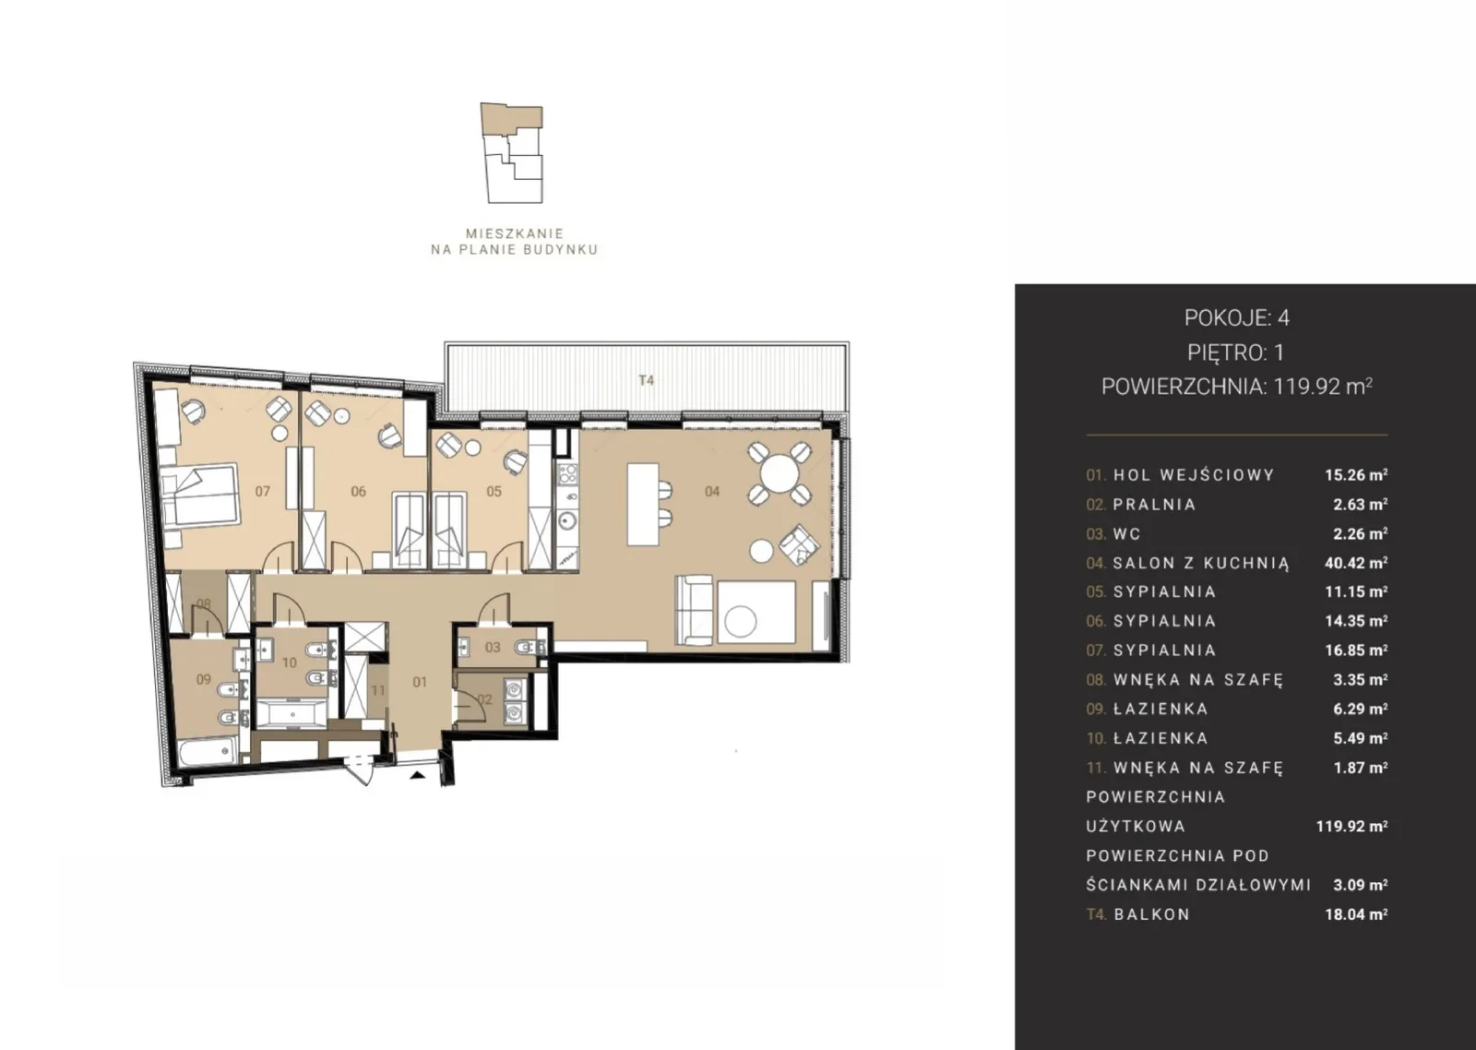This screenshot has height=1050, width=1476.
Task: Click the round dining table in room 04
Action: click(x=780, y=472)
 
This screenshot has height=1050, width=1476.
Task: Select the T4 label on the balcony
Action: click(x=647, y=379)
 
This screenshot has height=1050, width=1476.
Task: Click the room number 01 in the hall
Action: click(x=420, y=682)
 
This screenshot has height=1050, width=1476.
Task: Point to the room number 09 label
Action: click(x=203, y=679)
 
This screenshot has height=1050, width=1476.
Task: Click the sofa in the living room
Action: click(x=695, y=611)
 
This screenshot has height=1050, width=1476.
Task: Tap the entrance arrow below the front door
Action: click(x=416, y=776)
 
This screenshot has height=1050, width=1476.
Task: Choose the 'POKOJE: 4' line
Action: click(x=1237, y=317)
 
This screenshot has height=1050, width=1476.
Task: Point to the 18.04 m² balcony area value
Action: click(x=1356, y=914)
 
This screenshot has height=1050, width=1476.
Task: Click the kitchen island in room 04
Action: click(x=642, y=504)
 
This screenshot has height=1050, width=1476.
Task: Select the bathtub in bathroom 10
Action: click(x=290, y=714)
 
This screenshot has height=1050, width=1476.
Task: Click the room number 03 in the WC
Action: click(x=493, y=648)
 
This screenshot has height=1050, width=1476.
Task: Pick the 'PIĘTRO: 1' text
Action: click(x=1236, y=352)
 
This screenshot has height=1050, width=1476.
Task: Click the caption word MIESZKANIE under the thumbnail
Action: click(x=515, y=233)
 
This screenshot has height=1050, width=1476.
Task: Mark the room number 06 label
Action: click(x=358, y=491)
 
